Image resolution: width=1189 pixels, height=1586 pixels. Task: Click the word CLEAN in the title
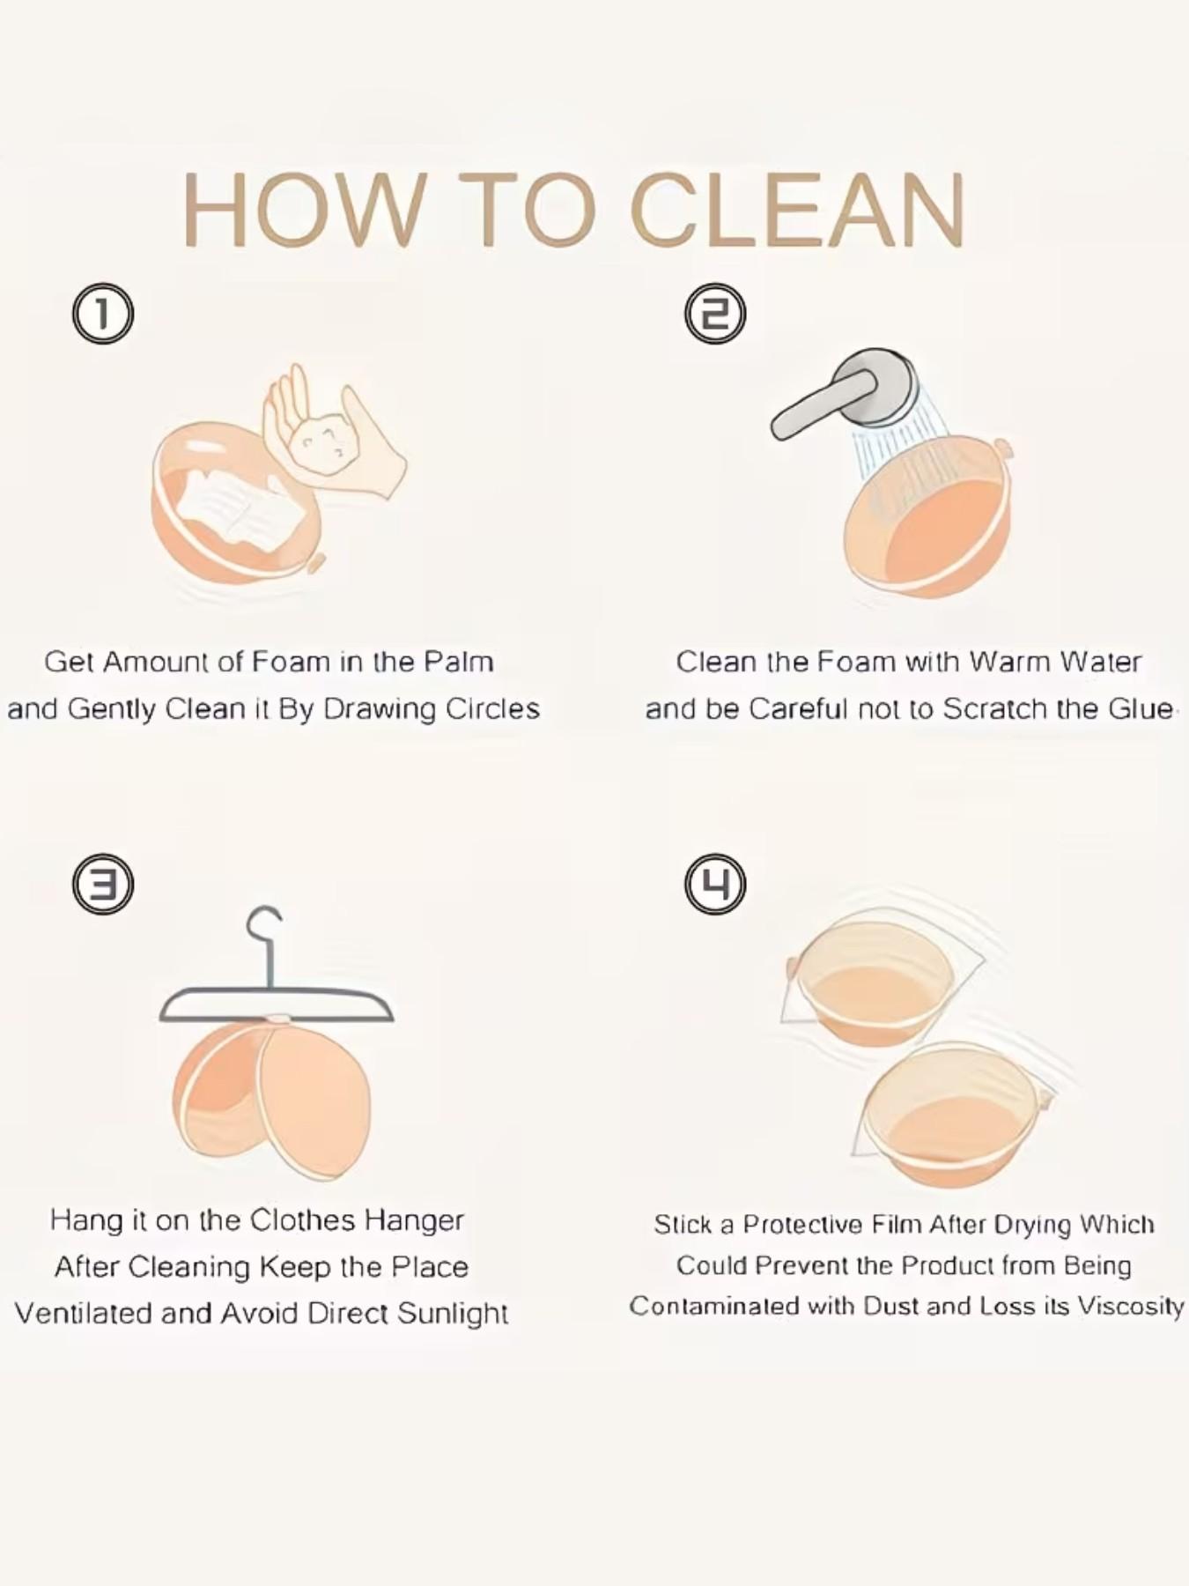pyautogui.click(x=797, y=211)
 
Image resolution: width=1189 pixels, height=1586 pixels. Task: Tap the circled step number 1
pyautogui.click(x=103, y=314)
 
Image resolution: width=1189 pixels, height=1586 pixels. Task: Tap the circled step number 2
pyautogui.click(x=715, y=314)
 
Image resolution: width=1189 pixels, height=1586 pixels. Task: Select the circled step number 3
pyautogui.click(x=103, y=884)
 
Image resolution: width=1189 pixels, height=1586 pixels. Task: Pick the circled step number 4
pyautogui.click(x=715, y=884)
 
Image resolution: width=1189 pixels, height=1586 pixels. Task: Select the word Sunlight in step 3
pyautogui.click(x=452, y=1314)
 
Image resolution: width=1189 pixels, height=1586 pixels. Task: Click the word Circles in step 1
pyautogui.click(x=492, y=709)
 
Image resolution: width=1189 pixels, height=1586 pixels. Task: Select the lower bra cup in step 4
pyautogui.click(x=951, y=1115)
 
